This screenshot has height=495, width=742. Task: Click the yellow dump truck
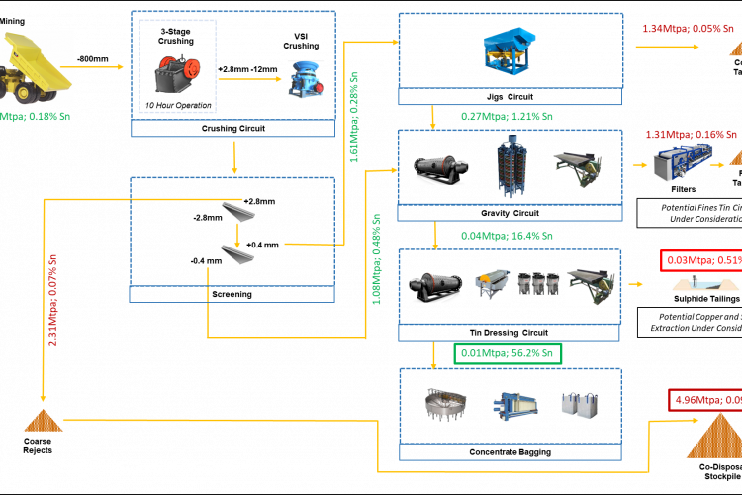pos(37,66)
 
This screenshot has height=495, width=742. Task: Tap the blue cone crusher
pos(305,79)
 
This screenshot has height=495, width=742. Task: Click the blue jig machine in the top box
pos(509,50)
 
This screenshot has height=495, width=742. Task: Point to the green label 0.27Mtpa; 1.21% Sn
pos(507,116)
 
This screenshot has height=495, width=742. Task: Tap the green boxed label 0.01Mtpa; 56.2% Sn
pos(508,352)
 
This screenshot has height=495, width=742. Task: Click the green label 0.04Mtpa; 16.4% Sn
pos(507,236)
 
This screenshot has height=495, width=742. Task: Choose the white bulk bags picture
pos(579,405)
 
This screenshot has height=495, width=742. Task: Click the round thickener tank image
pos(445,405)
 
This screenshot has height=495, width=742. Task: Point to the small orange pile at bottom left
pos(43,421)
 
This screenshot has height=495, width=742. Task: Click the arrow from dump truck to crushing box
pos(99,67)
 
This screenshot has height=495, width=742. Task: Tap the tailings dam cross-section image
pos(704,284)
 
